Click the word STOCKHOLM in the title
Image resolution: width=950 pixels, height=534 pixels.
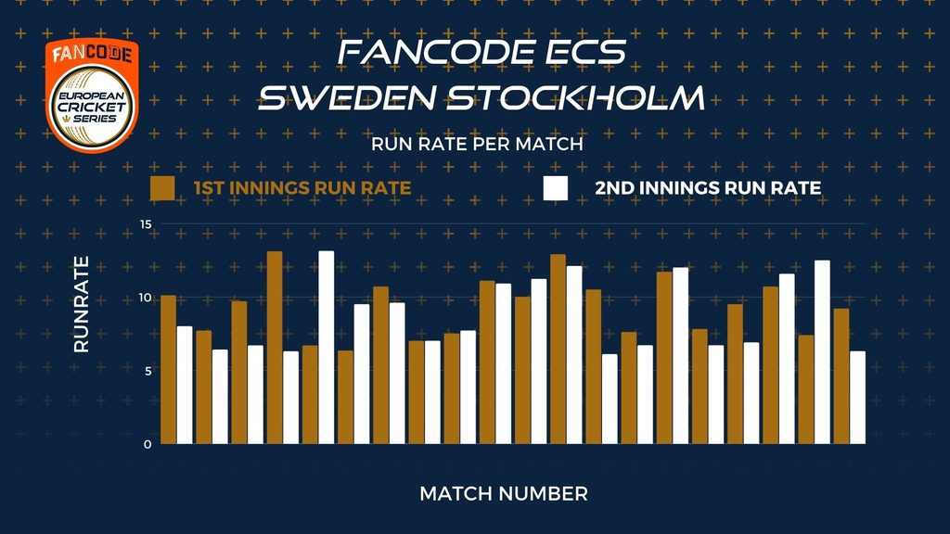pos(575,97)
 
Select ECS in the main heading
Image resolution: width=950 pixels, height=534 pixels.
pos(584,52)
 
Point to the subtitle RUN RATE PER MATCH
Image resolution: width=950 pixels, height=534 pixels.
pos(477,144)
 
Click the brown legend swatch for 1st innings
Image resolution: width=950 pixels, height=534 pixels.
pos(162,188)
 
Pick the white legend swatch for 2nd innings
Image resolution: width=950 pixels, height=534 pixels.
pos(556,188)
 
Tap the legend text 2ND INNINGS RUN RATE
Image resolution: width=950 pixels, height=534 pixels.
pos(708,187)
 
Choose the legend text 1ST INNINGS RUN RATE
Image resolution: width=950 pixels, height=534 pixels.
pos(302,187)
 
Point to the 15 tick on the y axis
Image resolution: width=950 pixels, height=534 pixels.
pos(146,224)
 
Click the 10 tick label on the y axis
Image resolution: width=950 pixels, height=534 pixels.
pos(146,298)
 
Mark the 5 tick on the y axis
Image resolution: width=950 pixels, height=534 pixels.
pos(148,371)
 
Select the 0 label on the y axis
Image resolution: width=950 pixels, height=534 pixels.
pos(148,444)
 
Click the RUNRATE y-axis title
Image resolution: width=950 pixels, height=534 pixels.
pos(82,304)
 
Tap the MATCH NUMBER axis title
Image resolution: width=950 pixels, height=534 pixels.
pos(504,493)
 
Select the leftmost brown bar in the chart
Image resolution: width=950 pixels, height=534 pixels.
pos(169,369)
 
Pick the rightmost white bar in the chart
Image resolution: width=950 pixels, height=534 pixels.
pos(857,397)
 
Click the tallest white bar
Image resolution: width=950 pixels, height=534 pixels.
pos(326,348)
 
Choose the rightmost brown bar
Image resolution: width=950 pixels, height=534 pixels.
pos(841,376)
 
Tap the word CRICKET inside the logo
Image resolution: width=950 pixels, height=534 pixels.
pos(92,108)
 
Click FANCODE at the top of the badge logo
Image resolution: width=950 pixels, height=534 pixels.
pos(92,54)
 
